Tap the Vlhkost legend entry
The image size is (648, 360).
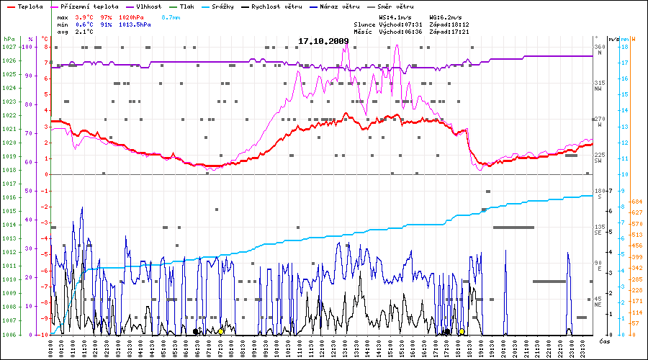[x=149, y=6]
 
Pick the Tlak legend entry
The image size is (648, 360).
[x=186, y=6]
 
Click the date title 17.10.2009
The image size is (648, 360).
[x=323, y=41]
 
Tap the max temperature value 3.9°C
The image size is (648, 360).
[x=85, y=17]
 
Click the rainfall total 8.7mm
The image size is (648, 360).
[x=171, y=17]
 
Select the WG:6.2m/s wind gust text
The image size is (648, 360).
[x=446, y=17]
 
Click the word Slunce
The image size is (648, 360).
[x=364, y=24]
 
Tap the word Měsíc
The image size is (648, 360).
[x=364, y=31]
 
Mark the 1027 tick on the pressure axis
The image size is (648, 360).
[x=9, y=47]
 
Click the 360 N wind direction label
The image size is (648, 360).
[x=599, y=49]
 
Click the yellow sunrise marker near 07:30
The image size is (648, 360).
[x=221, y=332]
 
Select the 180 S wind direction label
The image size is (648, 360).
[x=598, y=193]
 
